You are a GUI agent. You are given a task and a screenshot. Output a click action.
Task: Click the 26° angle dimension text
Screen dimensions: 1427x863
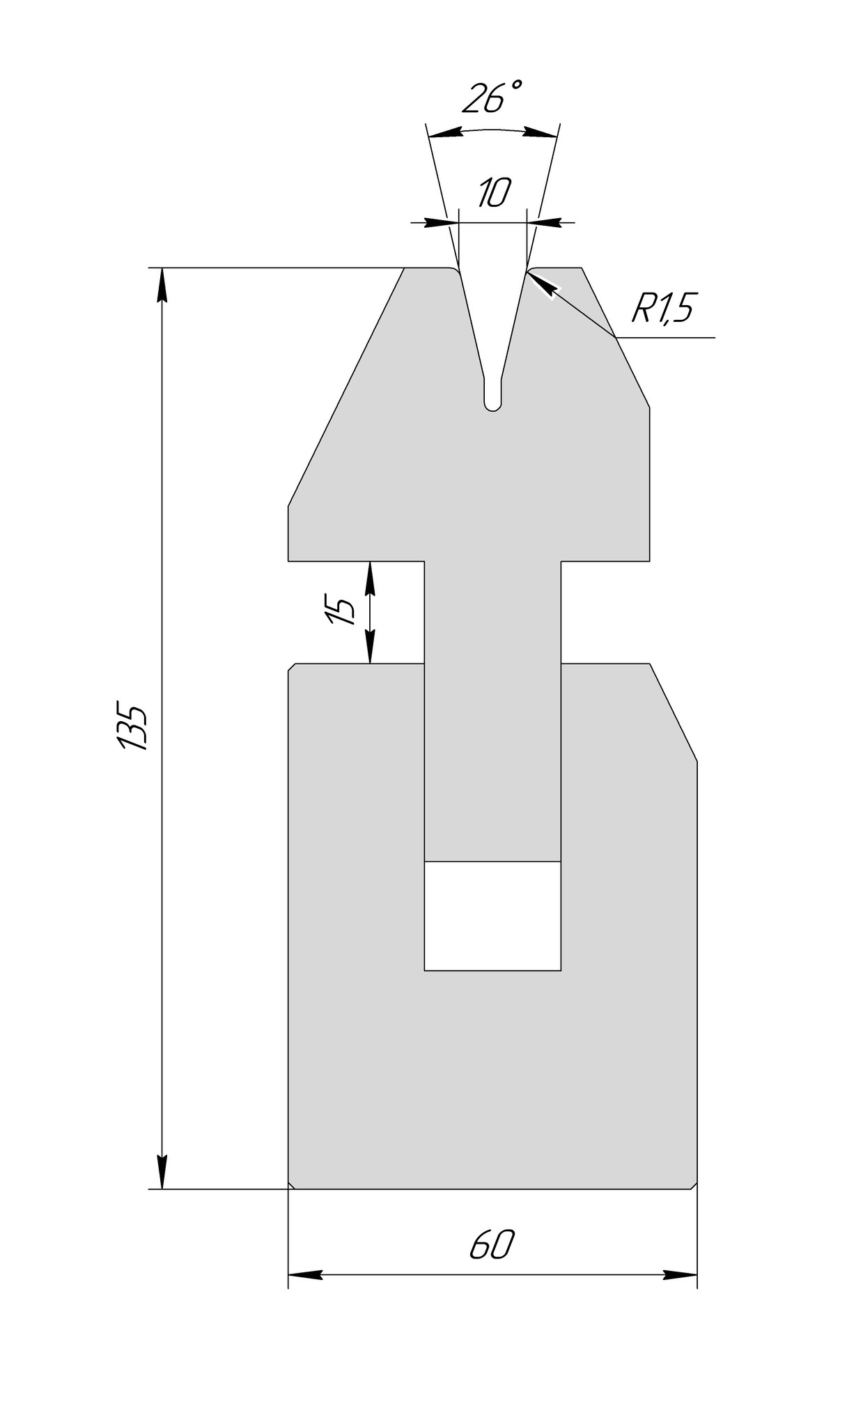[492, 98]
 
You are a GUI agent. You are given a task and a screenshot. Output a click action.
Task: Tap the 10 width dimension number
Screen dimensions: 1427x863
[495, 193]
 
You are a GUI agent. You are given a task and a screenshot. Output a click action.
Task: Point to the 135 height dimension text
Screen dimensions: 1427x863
[132, 725]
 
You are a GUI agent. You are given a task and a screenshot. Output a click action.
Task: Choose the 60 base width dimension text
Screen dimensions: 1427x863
[492, 1244]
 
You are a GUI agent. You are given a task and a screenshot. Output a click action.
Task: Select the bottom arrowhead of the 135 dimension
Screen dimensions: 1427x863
[162, 1171]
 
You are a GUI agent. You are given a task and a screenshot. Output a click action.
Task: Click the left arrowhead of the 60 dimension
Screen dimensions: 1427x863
[306, 1275]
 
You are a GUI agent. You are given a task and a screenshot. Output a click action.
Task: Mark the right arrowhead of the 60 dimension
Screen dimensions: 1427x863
[679, 1275]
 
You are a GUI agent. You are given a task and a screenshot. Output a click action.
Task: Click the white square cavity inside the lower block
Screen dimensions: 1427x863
[492, 916]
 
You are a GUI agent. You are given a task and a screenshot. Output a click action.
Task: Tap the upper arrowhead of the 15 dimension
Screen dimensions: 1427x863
[370, 578]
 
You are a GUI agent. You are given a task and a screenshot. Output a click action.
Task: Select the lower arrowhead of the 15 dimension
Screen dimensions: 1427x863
[370, 647]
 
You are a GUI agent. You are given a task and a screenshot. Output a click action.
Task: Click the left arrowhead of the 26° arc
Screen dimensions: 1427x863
[446, 132]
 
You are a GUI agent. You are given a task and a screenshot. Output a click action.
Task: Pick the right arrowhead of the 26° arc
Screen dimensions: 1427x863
[540, 132]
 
